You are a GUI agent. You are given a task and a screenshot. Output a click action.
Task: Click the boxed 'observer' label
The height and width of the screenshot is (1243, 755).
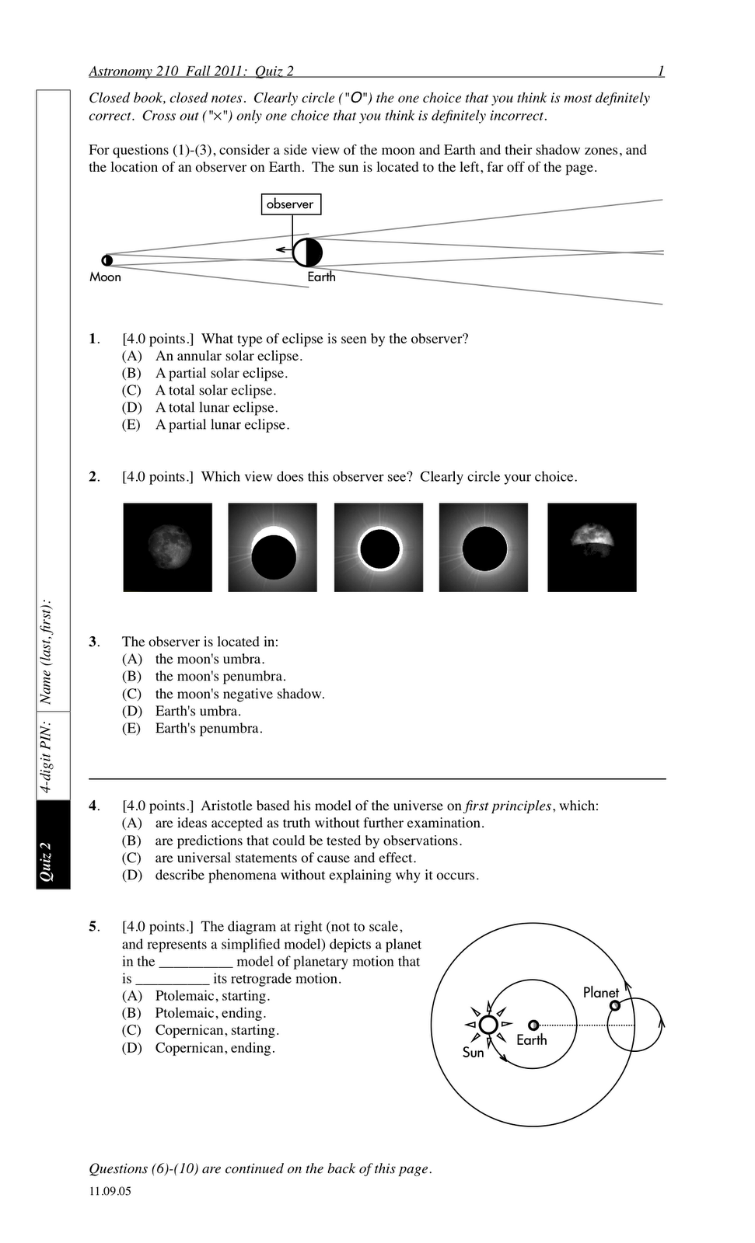click(291, 204)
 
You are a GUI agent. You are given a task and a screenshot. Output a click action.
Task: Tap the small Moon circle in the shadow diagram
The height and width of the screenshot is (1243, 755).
click(107, 260)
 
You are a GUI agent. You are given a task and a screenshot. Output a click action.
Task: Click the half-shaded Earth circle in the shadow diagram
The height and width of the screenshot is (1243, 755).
click(308, 252)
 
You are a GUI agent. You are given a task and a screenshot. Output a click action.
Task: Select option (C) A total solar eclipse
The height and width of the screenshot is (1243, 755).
click(215, 391)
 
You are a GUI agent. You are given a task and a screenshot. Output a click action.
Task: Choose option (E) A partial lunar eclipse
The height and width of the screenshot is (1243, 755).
click(222, 425)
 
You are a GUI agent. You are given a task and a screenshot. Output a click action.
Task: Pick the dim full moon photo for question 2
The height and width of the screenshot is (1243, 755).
click(168, 547)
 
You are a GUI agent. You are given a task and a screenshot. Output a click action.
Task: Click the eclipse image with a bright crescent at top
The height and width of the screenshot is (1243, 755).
click(273, 547)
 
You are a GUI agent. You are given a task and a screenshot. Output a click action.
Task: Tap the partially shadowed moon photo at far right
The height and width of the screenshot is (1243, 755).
click(592, 547)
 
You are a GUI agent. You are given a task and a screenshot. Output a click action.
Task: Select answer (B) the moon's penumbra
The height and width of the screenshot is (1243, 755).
click(220, 677)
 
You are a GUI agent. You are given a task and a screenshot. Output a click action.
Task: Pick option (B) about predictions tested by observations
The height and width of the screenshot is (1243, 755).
click(308, 841)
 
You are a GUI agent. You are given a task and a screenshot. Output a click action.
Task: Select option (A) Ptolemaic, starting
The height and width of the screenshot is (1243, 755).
click(212, 997)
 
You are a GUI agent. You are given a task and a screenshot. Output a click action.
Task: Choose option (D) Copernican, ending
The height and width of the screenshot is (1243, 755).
click(215, 1049)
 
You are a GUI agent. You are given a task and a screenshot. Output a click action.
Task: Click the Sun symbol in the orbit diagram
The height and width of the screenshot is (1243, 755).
click(488, 1025)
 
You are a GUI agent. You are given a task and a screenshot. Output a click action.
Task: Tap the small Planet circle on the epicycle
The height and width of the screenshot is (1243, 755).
click(615, 1005)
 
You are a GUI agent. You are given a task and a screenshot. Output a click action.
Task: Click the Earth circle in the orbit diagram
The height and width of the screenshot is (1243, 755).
click(533, 1025)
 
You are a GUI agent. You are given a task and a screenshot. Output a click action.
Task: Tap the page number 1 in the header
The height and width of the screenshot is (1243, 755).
click(661, 71)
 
